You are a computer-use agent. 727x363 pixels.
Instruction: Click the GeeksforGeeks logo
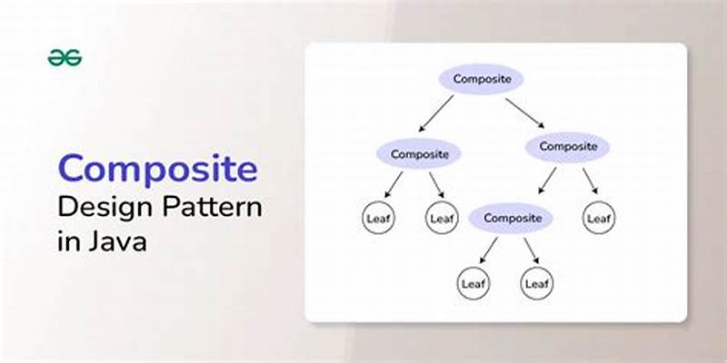[x=65, y=57]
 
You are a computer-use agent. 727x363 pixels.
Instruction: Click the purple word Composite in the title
[x=157, y=169]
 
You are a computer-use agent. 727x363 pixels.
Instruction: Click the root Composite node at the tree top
[x=481, y=79]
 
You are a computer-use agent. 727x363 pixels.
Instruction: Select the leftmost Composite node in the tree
[x=419, y=153]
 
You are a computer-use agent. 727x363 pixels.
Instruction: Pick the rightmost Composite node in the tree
[x=568, y=145]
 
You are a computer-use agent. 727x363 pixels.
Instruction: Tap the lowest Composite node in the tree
[x=512, y=218]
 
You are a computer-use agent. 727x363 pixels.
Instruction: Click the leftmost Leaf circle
[x=377, y=218]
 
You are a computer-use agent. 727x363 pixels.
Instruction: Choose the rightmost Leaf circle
[x=599, y=218]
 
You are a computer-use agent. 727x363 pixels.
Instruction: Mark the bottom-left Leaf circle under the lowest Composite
[x=473, y=283]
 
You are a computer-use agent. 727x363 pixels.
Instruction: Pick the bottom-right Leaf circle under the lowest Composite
[x=536, y=283]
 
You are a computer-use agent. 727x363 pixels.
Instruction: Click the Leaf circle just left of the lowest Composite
[x=441, y=218]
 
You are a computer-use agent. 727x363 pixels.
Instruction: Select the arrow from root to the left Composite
[x=436, y=114]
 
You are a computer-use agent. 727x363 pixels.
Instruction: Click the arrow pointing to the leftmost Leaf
[x=393, y=184]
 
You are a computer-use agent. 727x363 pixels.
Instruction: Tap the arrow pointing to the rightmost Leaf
[x=590, y=180]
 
